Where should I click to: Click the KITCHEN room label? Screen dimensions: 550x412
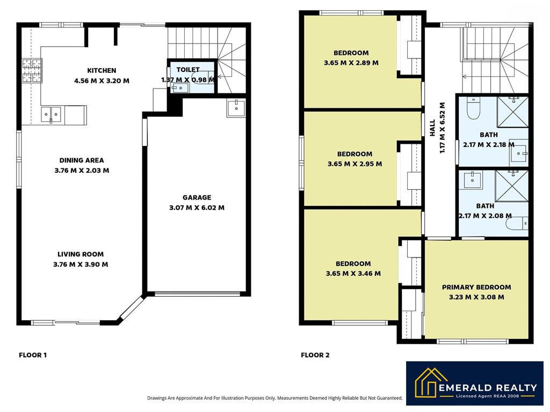pyautogui.click(x=102, y=70)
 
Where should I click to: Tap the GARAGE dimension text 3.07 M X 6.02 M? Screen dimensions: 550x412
pyautogui.click(x=197, y=208)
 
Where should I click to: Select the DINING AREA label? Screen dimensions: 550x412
pyautogui.click(x=82, y=160)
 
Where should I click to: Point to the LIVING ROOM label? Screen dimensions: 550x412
pyautogui.click(x=81, y=254)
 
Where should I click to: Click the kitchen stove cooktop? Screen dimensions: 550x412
pyautogui.click(x=32, y=70)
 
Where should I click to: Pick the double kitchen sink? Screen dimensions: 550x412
pyautogui.click(x=51, y=115)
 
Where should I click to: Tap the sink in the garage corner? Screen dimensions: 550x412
pyautogui.click(x=236, y=108)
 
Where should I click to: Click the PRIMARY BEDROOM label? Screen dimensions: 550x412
pyautogui.click(x=476, y=287)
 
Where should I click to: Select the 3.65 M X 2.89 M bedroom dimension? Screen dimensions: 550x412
pyautogui.click(x=351, y=63)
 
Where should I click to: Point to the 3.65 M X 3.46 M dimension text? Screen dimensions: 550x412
pyautogui.click(x=353, y=273)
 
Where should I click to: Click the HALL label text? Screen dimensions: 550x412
pyautogui.click(x=432, y=128)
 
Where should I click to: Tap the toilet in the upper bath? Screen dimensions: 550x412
pyautogui.click(x=473, y=108)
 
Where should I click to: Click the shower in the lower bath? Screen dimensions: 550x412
pyautogui.click(x=511, y=186)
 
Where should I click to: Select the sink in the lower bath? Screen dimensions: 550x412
pyautogui.click(x=473, y=180)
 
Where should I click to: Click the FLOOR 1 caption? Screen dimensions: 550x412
pyautogui.click(x=33, y=355)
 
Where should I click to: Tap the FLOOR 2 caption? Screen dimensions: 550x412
pyautogui.click(x=315, y=355)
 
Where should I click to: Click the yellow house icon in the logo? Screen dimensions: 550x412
pyautogui.click(x=431, y=383)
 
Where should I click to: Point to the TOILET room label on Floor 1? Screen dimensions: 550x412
pyautogui.click(x=188, y=69)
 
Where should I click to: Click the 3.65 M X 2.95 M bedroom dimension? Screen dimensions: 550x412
pyautogui.click(x=354, y=164)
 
